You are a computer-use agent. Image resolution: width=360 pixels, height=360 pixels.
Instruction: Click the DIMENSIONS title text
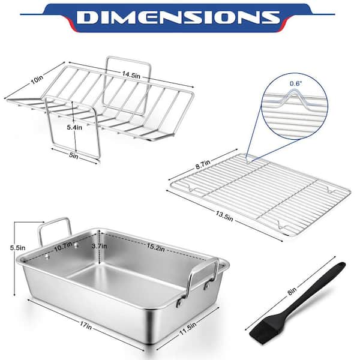[178, 17]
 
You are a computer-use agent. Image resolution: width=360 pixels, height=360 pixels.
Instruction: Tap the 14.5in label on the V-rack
[131, 74]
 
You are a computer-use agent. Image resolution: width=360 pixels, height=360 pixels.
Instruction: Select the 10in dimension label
[37, 80]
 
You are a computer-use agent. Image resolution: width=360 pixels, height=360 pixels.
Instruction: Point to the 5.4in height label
[74, 127]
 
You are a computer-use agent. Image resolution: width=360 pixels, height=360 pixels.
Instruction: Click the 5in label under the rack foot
[74, 155]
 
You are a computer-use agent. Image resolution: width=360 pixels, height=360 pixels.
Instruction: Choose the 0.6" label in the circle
[296, 83]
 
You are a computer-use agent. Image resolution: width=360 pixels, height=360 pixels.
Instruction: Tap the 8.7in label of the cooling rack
[203, 164]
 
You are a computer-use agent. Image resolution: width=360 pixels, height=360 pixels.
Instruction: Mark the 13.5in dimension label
[224, 217]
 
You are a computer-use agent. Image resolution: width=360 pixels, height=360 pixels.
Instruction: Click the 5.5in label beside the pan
[17, 248]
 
